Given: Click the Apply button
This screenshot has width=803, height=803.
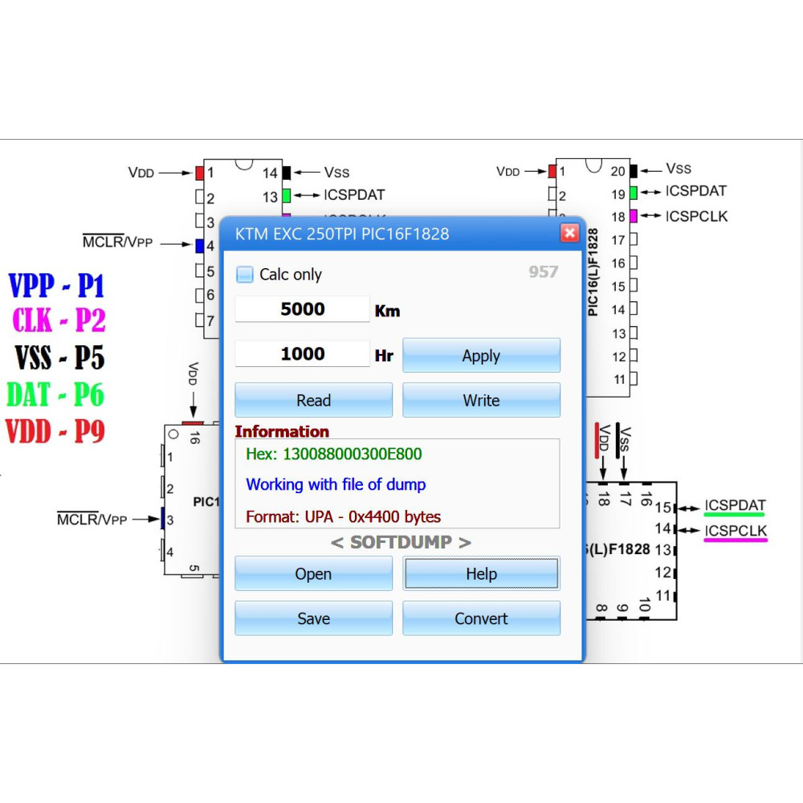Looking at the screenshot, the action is (x=481, y=355).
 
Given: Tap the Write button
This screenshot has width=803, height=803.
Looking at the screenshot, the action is (x=481, y=400).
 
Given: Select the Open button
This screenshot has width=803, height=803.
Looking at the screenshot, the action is (x=313, y=573).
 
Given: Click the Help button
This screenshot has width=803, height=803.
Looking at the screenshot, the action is (x=481, y=573).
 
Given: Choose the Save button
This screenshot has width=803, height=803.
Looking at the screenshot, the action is (x=313, y=618).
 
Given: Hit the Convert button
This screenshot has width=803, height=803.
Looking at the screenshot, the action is (x=481, y=618).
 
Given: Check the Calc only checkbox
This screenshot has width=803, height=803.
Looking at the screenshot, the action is (x=245, y=275).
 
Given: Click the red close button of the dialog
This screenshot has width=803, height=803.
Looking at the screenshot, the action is (x=569, y=234).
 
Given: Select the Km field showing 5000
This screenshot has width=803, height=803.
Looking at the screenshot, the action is (x=302, y=309).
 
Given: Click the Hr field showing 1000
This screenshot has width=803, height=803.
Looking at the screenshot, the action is (x=302, y=353).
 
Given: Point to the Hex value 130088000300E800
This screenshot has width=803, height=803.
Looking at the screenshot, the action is (x=353, y=454).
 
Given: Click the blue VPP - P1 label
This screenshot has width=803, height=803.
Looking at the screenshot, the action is (x=57, y=285).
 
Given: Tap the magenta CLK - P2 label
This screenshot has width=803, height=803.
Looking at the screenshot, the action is (x=59, y=320).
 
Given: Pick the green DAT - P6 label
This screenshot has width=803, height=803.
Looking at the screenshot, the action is (x=55, y=394).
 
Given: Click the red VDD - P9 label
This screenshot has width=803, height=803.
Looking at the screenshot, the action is (x=55, y=431).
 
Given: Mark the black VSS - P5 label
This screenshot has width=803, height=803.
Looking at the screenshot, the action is (x=59, y=357).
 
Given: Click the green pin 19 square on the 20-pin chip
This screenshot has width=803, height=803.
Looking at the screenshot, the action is (x=634, y=193).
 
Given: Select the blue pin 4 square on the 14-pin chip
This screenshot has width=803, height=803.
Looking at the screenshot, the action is (x=200, y=246).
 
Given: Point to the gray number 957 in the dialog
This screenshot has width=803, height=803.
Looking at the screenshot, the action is (x=544, y=271).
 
